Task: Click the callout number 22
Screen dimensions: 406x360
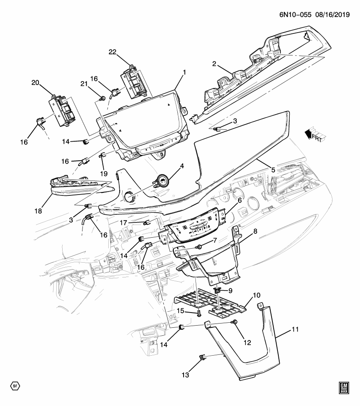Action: coord(112,52)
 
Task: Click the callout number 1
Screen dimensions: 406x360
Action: coord(184,72)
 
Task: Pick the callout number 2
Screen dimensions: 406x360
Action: coord(214,64)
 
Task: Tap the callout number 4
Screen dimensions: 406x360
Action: coord(181,166)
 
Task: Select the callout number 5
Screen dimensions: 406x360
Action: coord(273,170)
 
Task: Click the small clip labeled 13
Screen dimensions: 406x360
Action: coord(202,359)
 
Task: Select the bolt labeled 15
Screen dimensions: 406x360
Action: coord(198,313)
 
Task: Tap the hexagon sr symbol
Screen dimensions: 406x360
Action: coord(15,386)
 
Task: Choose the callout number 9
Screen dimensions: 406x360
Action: coord(231,291)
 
